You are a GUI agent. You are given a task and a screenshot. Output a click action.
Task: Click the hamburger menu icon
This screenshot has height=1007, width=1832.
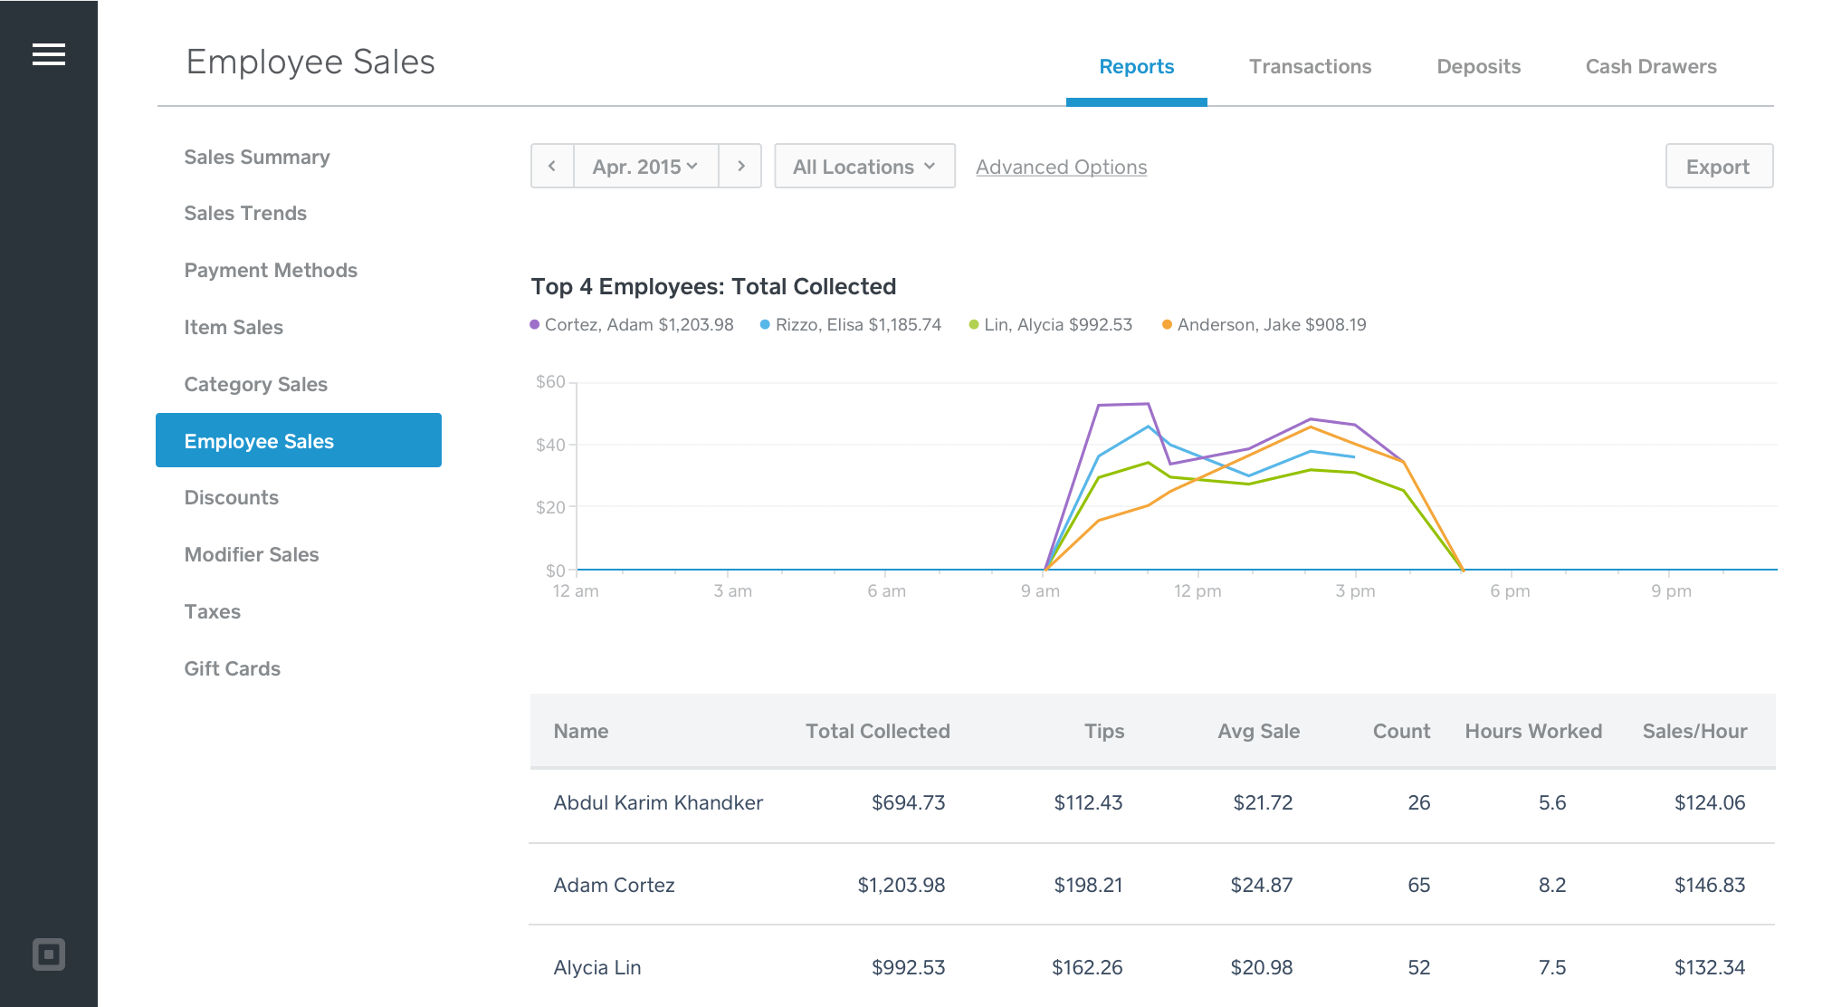tap(49, 54)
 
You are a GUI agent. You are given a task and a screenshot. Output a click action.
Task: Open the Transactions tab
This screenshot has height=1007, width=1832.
tap(1310, 67)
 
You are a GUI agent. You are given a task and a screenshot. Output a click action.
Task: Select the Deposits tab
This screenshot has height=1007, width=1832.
tap(1478, 67)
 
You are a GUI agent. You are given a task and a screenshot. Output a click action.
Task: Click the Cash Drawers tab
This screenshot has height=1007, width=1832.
tap(1650, 67)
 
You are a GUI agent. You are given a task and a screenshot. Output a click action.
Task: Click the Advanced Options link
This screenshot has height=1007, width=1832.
tap(1061, 168)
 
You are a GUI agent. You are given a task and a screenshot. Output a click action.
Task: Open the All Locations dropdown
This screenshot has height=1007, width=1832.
tap(864, 167)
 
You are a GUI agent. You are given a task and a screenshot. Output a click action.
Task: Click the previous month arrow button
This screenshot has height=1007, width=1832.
tap(552, 167)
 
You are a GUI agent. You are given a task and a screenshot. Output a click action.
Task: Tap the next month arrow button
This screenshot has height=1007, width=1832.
tap(740, 167)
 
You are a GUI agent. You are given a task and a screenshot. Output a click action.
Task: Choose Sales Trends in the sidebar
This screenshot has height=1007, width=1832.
tap(245, 214)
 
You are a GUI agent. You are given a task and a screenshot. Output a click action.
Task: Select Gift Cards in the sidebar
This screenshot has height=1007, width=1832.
tap(233, 669)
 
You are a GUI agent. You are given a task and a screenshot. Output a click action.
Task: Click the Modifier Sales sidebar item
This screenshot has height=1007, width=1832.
tap(252, 555)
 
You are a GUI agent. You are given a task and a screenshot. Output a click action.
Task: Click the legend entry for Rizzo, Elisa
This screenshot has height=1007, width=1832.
tap(851, 325)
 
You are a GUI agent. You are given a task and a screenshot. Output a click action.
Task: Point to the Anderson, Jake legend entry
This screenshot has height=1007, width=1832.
tap(1264, 325)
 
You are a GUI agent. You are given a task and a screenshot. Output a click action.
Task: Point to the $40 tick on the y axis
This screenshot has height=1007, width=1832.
tap(550, 445)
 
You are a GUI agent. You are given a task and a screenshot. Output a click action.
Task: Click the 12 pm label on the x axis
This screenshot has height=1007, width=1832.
tap(1197, 591)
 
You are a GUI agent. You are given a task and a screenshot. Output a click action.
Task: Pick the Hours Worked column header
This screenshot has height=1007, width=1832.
tap(1533, 732)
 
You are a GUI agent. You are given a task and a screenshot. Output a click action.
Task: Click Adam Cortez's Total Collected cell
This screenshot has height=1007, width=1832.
tap(901, 886)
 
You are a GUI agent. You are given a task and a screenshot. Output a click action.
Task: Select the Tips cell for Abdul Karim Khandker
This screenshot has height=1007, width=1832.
tap(1088, 803)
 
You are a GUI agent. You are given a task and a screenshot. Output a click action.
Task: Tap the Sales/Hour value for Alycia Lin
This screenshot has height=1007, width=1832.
tap(1709, 968)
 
